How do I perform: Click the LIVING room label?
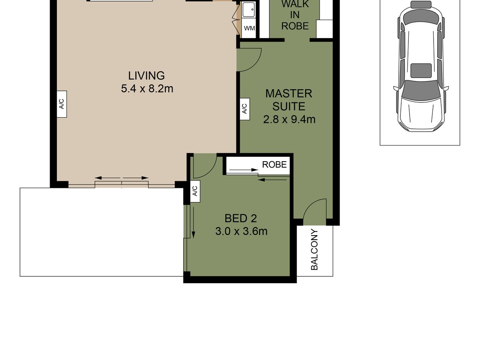[146, 76]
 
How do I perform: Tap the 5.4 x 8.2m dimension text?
[147, 89]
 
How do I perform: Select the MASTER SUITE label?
[289, 100]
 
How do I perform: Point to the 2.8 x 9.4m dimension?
[289, 120]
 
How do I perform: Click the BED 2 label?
[240, 218]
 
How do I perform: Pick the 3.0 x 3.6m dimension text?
[241, 231]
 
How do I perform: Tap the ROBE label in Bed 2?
[274, 164]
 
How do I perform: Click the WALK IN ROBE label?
[295, 15]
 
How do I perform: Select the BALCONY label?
[314, 250]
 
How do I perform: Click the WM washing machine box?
[249, 28]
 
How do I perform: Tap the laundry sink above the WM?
[249, 9]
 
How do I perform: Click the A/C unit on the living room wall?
[62, 104]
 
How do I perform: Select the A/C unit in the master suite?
[245, 109]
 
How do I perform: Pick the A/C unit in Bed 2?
[195, 191]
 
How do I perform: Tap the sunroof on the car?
[421, 71]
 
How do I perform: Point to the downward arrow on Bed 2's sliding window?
[193, 222]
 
